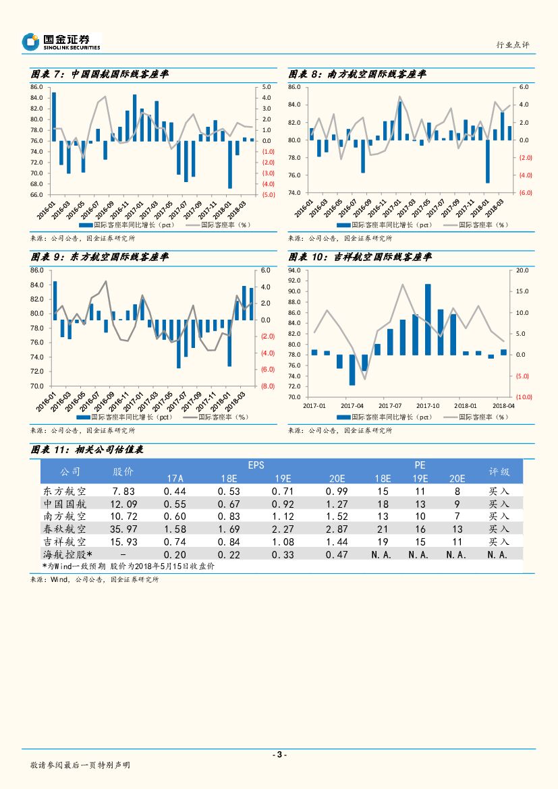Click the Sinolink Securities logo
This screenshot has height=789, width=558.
(61, 42)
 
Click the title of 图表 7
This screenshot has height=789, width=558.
(100, 74)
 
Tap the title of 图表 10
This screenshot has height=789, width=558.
(360, 258)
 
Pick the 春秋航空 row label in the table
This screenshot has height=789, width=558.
(64, 529)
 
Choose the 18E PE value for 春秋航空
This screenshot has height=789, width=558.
(383, 529)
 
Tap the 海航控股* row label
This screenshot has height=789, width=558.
(65, 554)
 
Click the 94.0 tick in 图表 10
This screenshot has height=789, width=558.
(295, 270)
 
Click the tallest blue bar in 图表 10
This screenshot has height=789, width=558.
(428, 319)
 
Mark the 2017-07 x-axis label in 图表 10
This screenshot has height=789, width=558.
(390, 405)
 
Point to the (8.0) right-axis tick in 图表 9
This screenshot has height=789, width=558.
(267, 386)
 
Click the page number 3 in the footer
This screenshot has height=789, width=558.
(279, 755)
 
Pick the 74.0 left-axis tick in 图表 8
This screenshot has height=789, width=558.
(295, 193)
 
